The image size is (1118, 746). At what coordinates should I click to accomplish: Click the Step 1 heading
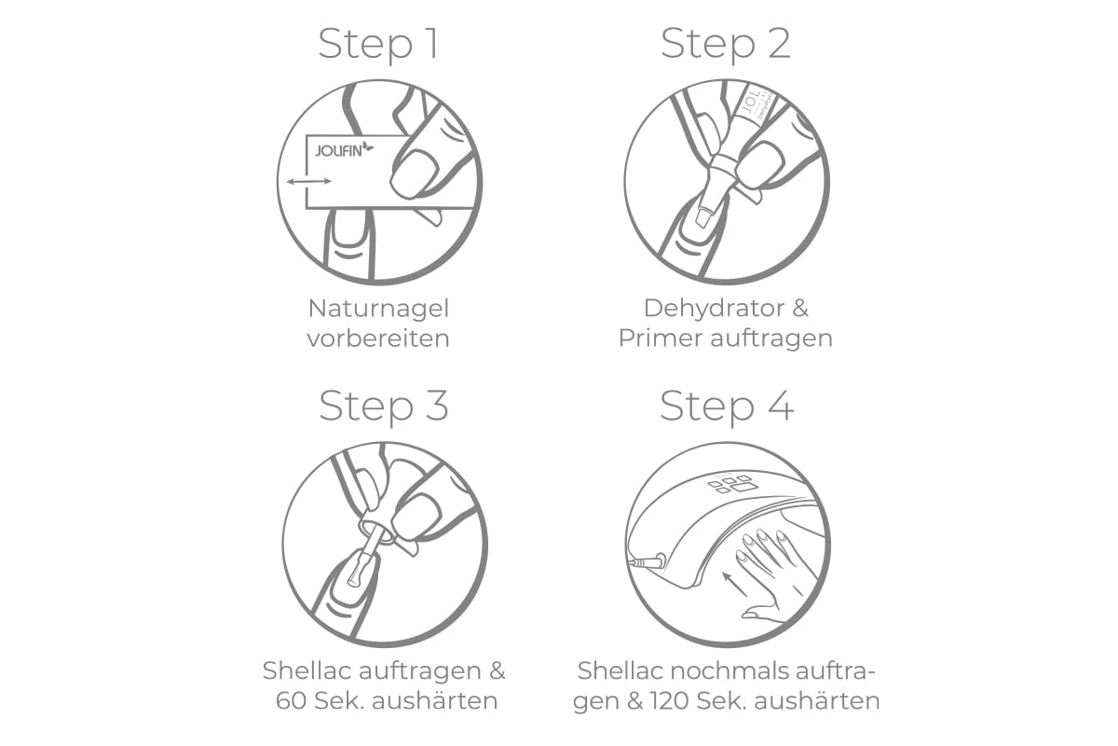tap(379, 45)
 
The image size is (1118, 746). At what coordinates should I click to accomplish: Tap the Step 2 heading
tap(726, 45)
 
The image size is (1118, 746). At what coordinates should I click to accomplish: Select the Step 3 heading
tap(384, 407)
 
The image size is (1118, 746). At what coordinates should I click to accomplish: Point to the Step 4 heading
tap(727, 407)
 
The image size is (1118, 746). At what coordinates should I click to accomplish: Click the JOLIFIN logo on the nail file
tap(344, 149)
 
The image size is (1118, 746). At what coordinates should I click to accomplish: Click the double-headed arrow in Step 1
tap(309, 182)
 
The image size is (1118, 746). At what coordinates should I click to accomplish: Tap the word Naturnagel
tap(379, 310)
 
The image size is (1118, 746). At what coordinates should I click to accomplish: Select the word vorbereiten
tap(378, 338)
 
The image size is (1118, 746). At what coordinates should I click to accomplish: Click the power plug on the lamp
tap(648, 562)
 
